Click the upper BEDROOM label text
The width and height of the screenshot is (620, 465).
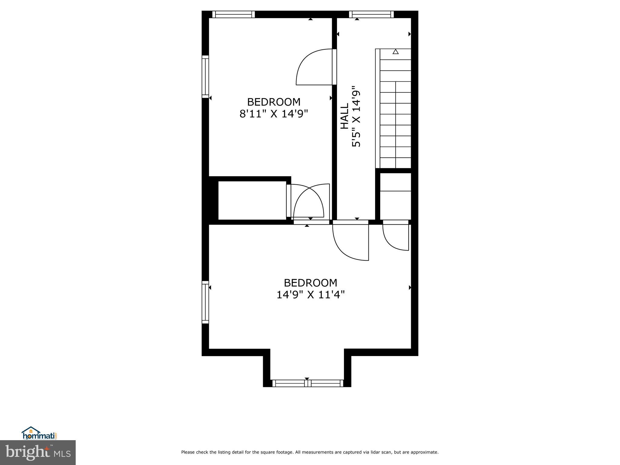(x=274, y=102)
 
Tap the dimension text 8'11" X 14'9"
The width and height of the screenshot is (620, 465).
(x=274, y=114)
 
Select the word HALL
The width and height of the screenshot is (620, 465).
(x=345, y=116)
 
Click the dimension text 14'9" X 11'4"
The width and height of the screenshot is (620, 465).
(x=311, y=295)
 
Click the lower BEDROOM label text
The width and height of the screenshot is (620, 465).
(x=311, y=283)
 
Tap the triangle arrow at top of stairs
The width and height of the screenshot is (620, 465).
(x=395, y=52)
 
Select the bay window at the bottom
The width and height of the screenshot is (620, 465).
(x=308, y=383)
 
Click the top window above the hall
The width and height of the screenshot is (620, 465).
(x=371, y=14)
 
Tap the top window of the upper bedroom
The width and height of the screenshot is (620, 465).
(x=233, y=14)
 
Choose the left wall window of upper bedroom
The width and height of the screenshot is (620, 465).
(x=205, y=76)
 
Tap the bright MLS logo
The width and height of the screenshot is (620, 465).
(x=38, y=452)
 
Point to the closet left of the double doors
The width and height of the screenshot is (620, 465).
(x=252, y=200)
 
